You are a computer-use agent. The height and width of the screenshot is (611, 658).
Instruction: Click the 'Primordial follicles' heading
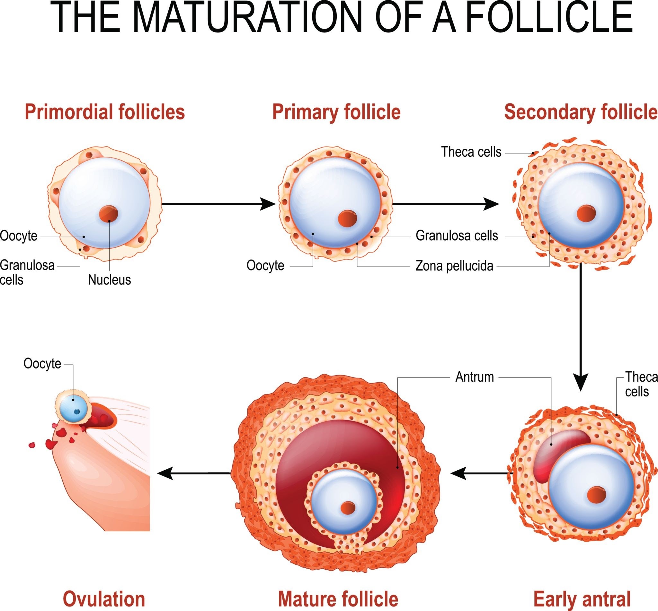click(104, 112)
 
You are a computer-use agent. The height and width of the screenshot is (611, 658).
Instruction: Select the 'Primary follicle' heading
click(336, 112)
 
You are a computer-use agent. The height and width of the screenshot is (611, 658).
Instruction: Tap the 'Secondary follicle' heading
click(581, 112)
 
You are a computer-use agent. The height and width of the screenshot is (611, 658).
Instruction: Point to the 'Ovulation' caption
click(104, 599)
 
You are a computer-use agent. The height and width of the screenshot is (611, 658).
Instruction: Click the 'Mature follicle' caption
click(338, 599)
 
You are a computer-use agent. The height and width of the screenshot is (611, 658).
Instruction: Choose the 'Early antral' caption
click(582, 599)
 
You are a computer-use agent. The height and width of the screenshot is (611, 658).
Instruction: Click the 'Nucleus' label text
click(109, 280)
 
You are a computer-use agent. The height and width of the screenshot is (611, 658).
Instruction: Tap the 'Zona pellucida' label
click(454, 266)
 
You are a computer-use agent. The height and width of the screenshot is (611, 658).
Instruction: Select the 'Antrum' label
click(474, 377)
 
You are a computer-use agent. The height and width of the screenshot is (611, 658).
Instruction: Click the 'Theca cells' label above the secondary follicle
click(471, 152)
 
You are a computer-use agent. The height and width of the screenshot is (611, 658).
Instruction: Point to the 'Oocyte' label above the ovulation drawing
click(42, 364)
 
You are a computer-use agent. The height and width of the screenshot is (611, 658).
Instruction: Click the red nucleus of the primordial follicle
click(109, 214)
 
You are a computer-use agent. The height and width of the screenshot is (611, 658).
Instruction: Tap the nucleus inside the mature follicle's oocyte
click(348, 508)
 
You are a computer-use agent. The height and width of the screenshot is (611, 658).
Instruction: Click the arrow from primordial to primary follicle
click(218, 204)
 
